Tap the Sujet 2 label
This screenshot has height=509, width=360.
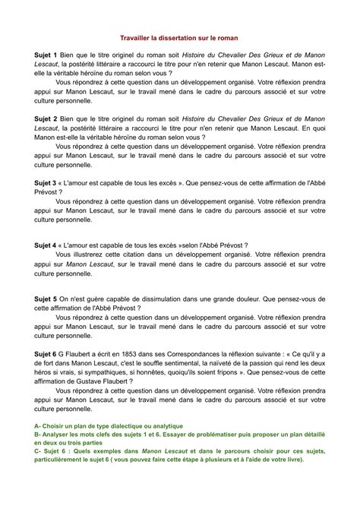point(48,120)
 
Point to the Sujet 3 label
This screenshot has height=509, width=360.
point(48,183)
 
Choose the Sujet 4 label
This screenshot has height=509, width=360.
point(48,245)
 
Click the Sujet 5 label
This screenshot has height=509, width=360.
point(48,299)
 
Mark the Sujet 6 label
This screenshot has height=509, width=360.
point(48,353)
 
